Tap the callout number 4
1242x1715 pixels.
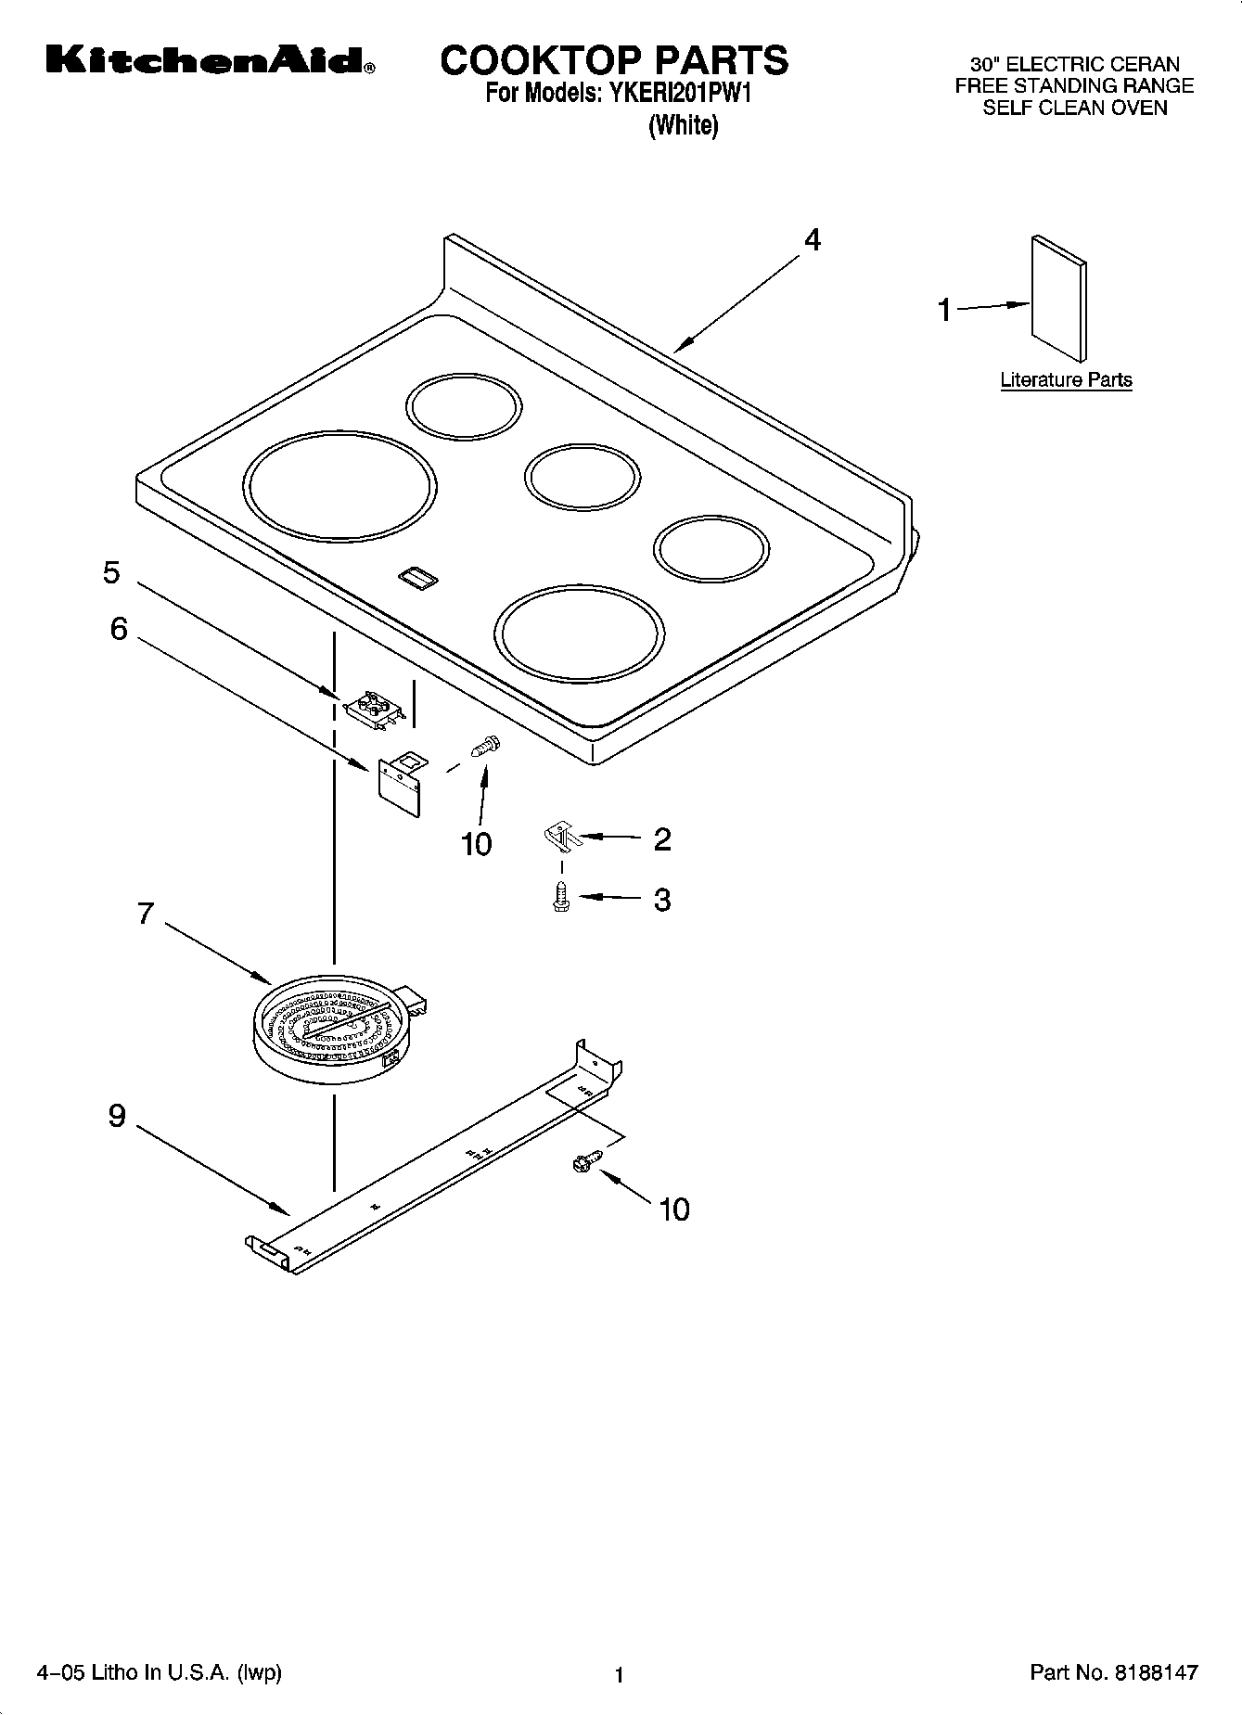(812, 240)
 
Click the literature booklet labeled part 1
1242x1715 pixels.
(1058, 297)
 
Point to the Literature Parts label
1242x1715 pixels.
(1066, 379)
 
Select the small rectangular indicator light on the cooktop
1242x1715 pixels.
(417, 578)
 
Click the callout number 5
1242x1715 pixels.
(111, 572)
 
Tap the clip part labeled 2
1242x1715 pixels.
(560, 836)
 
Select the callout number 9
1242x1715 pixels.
(117, 1115)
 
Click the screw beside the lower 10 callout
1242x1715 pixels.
(586, 1159)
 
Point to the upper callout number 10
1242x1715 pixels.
(476, 844)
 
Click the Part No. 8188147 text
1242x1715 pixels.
(1114, 1672)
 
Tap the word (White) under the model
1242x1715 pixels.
(683, 125)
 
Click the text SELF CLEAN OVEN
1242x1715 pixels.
(1074, 108)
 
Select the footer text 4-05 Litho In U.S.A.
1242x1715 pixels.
(158, 1672)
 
